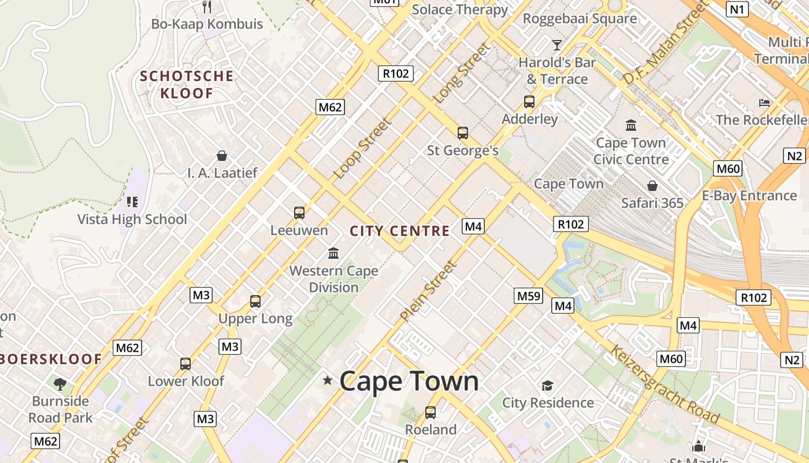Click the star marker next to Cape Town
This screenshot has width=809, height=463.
point(328,380)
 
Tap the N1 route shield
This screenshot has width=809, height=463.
point(737,9)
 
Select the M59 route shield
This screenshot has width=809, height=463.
point(528,296)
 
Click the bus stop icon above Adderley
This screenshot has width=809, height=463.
point(529,102)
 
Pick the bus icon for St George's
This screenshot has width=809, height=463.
point(462,133)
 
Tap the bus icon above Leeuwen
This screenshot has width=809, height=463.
point(299,212)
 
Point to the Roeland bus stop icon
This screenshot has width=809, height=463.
point(430,413)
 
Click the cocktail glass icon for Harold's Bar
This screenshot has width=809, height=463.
point(556,45)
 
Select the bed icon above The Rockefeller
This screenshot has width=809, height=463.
point(765,103)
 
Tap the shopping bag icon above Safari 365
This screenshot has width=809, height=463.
point(652,186)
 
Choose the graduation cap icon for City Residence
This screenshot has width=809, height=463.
point(547,385)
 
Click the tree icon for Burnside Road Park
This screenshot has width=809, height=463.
point(60,384)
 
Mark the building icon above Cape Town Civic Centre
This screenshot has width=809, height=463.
point(630,125)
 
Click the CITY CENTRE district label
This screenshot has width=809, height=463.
point(399,231)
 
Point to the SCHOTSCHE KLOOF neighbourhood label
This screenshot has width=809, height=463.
point(187,84)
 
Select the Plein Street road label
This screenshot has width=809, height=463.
point(428,291)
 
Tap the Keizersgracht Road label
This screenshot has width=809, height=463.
point(665,384)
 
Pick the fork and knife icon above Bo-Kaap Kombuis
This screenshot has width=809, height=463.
point(207,7)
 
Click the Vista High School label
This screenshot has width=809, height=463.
point(132,219)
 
